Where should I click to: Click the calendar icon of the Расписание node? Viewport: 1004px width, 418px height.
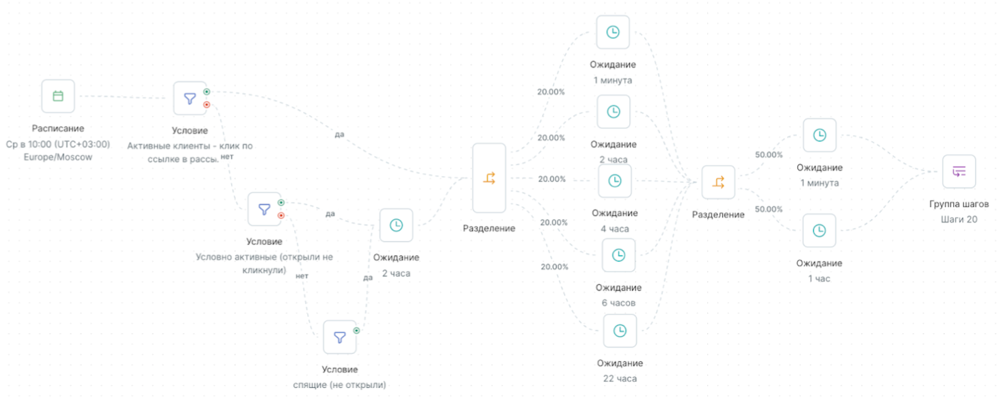coord(58,96)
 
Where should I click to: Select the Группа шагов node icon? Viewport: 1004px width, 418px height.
coord(959,171)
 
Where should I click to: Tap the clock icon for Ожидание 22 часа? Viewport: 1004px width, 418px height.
coord(620,331)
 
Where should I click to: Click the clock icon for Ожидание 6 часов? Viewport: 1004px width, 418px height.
coord(618,255)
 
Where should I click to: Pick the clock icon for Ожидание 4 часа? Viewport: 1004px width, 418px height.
coord(614,181)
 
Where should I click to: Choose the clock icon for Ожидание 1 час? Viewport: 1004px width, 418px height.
coord(819,230)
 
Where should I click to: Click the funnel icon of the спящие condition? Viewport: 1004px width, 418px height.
coord(340,337)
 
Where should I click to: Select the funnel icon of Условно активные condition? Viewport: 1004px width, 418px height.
coord(265,209)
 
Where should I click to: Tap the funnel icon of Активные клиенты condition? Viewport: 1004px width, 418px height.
coord(190,98)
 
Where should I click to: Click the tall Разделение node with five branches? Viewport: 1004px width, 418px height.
coord(489,178)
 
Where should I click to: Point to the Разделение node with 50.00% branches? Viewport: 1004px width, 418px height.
coord(718,182)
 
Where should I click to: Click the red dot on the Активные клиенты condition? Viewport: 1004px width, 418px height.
coord(207,104)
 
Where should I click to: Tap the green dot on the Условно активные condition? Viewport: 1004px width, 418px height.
coord(281,203)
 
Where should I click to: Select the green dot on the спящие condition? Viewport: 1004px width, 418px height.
coord(356,331)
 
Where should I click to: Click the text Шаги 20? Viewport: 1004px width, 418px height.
coord(959,219)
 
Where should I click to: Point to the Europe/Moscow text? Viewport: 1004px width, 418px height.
coord(58,157)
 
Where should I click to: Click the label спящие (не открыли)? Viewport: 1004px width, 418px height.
coord(339,385)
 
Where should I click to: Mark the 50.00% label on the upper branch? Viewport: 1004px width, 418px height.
coord(769,155)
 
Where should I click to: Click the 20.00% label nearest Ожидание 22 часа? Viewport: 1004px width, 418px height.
coord(555,267)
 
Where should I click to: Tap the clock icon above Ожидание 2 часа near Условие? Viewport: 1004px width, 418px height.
coord(396,225)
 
